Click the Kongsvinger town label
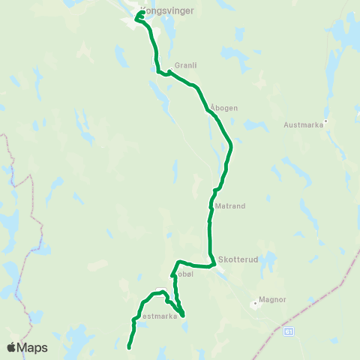pos(166,11)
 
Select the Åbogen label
pos(224,107)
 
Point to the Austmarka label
pos(304,125)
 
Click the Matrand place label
pos(230,205)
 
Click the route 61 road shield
pos(290,330)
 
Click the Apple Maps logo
pos(27,347)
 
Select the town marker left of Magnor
pos(255,304)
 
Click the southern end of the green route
pos(129,347)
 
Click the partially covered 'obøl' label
pos(185,274)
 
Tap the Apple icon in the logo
pos(11,347)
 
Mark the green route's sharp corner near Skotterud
pos(214,265)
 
